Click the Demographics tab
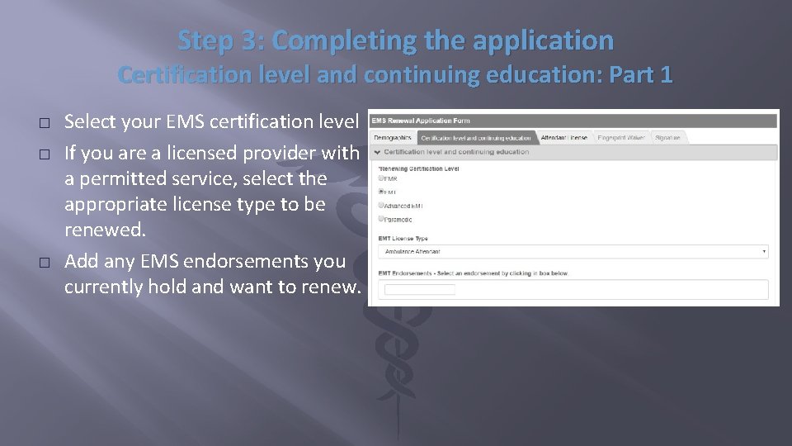click(393, 138)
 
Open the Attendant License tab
click(564, 138)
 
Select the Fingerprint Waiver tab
click(621, 138)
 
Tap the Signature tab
click(667, 138)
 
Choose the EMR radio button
click(381, 178)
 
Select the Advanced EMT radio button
click(381, 205)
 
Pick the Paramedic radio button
click(381, 219)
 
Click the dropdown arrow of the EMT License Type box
click(764, 251)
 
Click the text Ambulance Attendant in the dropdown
click(412, 251)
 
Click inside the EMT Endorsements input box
click(420, 290)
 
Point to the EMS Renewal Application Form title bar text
click(421, 121)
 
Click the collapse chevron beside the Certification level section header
click(378, 152)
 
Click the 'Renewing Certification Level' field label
click(418, 168)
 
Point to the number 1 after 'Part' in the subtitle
click(667, 75)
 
